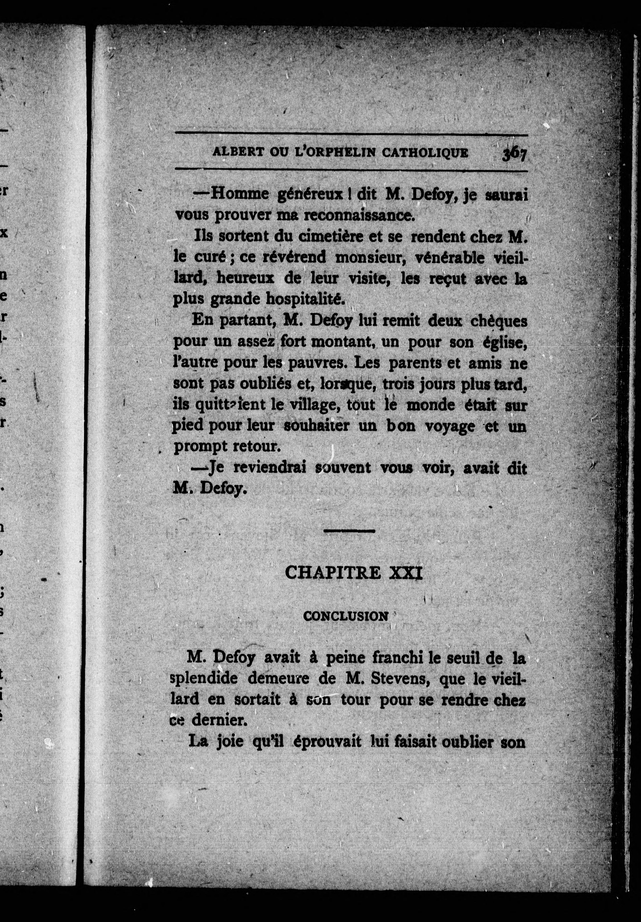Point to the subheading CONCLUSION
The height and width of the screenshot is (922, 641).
click(346, 627)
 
